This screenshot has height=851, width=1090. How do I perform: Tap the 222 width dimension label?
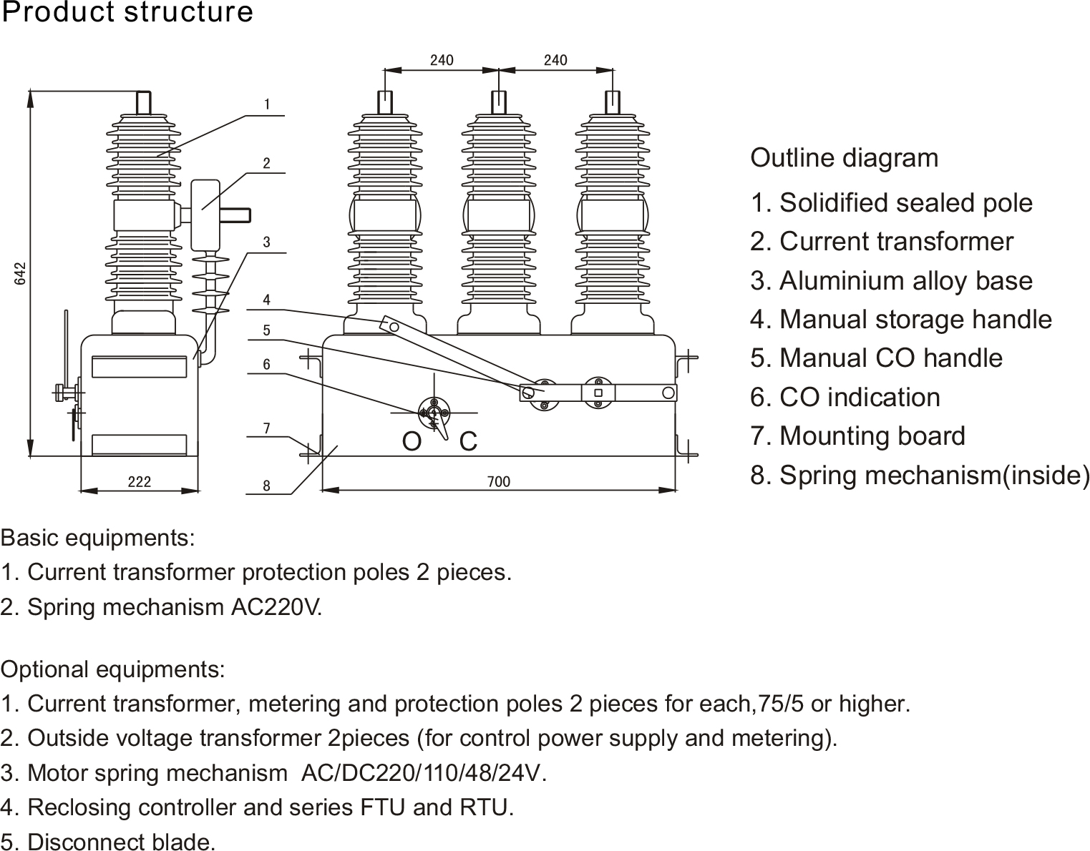click(x=139, y=482)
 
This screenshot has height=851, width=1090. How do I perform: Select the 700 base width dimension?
click(x=498, y=482)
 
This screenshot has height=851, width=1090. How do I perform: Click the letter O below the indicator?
click(x=412, y=442)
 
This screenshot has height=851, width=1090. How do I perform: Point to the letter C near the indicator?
click(x=468, y=442)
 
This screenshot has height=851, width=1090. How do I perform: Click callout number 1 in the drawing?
click(x=267, y=104)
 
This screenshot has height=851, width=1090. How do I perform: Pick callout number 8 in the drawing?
click(x=266, y=486)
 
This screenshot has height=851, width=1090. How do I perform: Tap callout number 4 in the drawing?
click(x=266, y=300)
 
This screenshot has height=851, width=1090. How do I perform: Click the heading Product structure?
click(x=127, y=13)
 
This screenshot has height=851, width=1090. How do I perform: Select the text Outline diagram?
click(x=844, y=158)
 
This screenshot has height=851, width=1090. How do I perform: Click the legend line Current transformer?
click(x=882, y=242)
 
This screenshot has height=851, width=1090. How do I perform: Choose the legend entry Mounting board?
click(x=857, y=436)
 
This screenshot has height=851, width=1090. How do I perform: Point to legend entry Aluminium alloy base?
click(x=891, y=281)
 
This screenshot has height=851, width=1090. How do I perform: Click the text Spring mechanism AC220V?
click(x=162, y=607)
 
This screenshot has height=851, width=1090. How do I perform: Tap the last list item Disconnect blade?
click(x=108, y=842)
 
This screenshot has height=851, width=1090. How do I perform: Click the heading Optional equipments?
click(x=113, y=670)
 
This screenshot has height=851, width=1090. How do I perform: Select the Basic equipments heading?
click(x=98, y=538)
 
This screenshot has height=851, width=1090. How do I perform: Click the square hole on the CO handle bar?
click(x=598, y=393)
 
